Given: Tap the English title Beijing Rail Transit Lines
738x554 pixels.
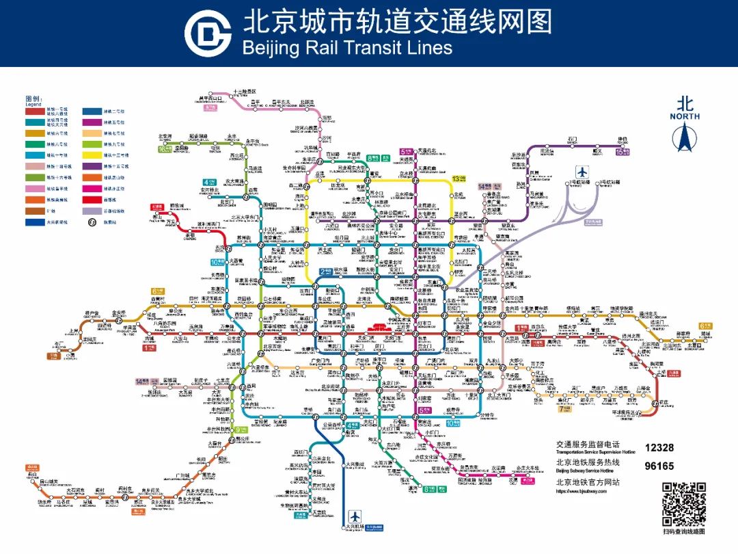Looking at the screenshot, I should pos(347,47).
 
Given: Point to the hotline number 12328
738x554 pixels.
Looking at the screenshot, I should pos(659,447).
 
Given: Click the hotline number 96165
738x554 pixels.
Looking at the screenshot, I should pos(659,466).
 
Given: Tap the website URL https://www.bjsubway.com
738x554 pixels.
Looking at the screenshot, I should pos(582,491).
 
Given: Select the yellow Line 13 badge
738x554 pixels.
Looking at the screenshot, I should pos(459,179).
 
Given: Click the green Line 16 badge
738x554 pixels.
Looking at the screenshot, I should pos(164,148).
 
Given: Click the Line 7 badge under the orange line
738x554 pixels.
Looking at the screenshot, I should pos(564,409).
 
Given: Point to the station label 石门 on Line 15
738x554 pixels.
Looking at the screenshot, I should pos(572,139).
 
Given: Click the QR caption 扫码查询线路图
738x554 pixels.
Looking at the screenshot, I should pos(683,531).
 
